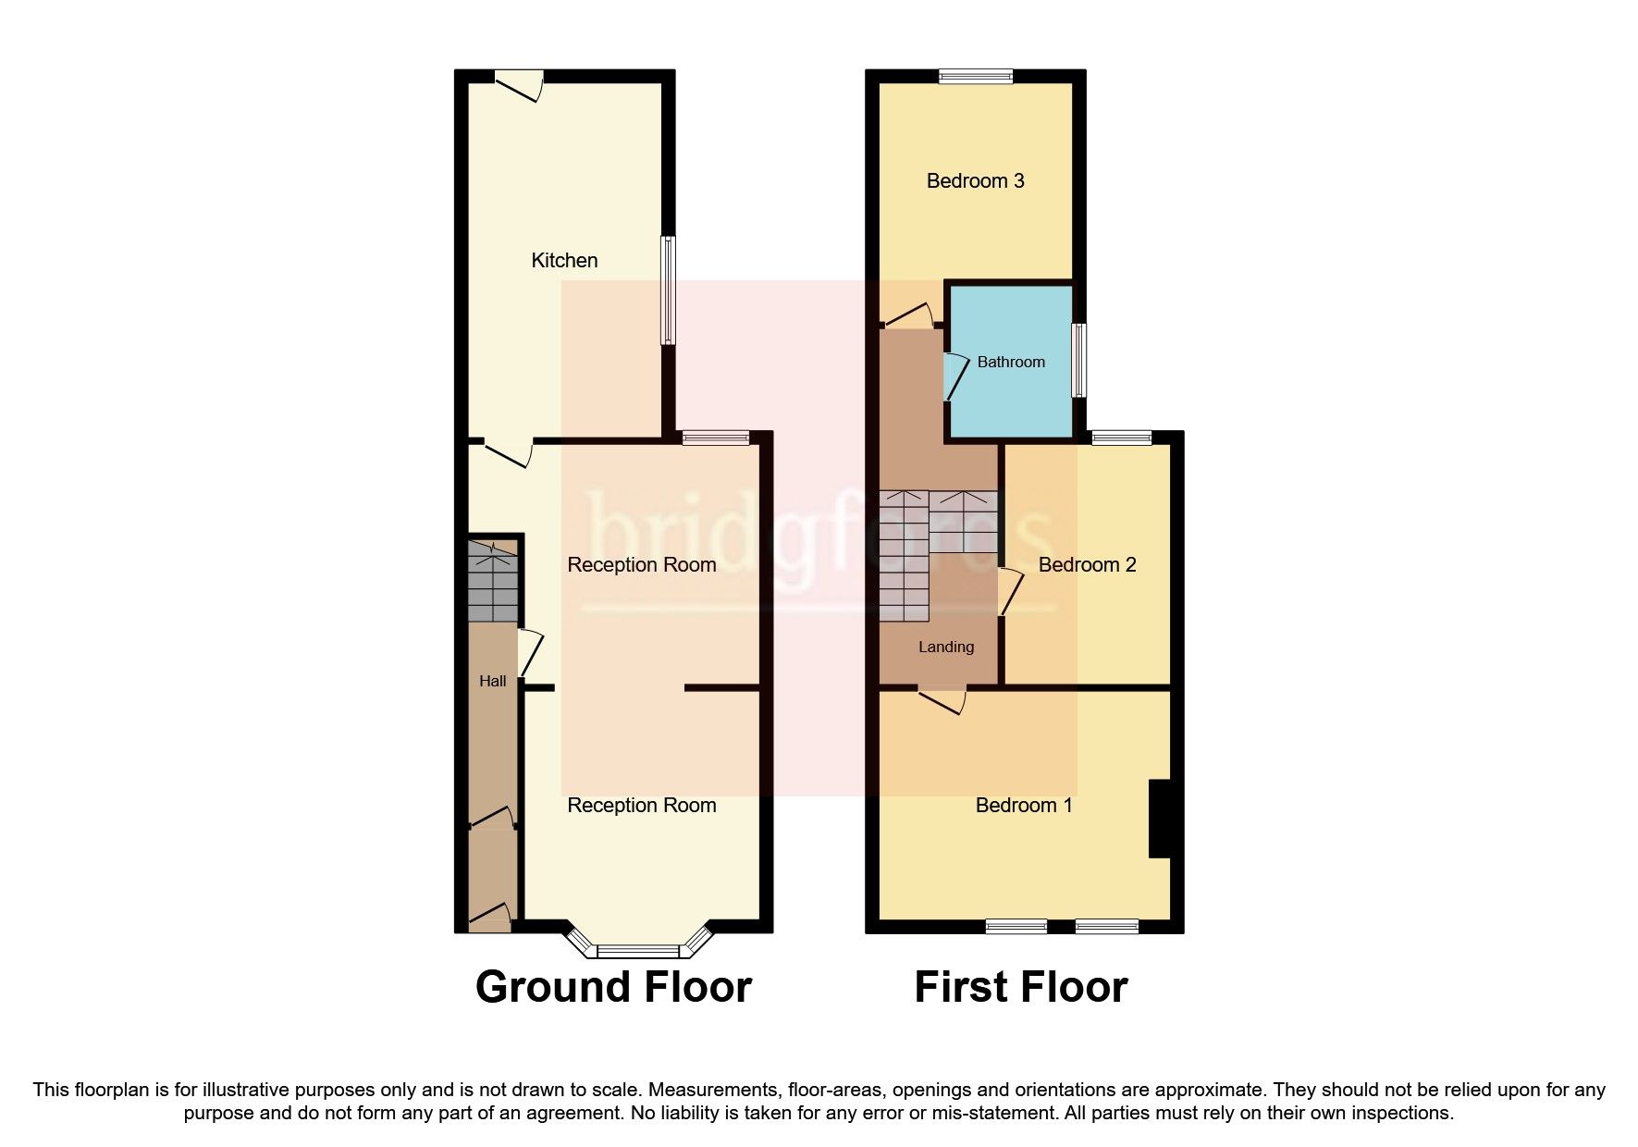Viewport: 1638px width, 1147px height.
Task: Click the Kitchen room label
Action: pos(564,261)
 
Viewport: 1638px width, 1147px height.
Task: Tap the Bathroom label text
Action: pos(1011,363)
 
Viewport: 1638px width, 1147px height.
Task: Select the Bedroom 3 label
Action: pos(975,181)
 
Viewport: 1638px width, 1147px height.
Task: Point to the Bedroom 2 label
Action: pos(1087,565)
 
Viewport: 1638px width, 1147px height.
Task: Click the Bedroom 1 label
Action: pos(1024,806)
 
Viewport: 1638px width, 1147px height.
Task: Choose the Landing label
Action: pos(945,647)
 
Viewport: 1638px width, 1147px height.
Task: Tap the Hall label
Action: pos(492,682)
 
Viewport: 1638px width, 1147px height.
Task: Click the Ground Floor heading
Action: pos(613,987)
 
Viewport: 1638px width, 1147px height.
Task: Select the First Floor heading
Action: pos(1020,987)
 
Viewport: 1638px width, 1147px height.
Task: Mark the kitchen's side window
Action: pos(667,290)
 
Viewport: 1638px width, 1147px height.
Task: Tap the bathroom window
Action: pos(1078,360)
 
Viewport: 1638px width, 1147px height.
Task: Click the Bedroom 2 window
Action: pos(1122,438)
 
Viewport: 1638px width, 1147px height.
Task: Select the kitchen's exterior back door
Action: pos(517,86)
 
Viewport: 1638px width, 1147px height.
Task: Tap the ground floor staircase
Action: pos(492,581)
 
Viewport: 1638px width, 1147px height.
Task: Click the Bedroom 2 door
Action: pos(1009,592)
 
